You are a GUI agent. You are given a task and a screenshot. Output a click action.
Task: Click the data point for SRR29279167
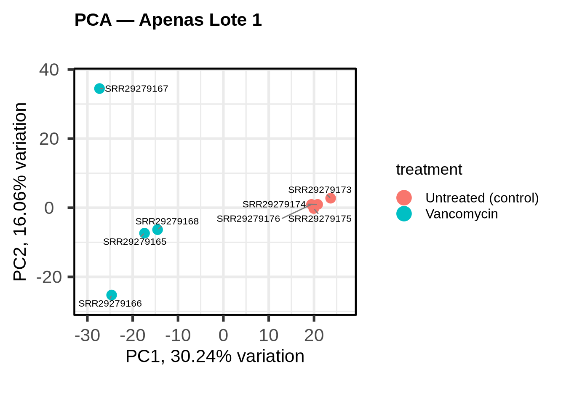click(99, 89)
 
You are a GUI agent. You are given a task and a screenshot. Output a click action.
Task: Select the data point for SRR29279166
click(112, 295)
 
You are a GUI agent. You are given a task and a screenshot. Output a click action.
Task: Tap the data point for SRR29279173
click(331, 198)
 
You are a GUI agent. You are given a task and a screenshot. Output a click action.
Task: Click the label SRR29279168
click(167, 221)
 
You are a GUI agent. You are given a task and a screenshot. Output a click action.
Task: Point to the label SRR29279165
click(135, 242)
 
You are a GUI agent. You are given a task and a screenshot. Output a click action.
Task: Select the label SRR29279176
click(248, 219)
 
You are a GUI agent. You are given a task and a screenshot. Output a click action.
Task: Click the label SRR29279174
click(274, 204)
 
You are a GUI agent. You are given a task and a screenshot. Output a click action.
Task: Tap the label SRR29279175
click(320, 219)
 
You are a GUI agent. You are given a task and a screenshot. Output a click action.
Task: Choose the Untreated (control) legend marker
click(404, 198)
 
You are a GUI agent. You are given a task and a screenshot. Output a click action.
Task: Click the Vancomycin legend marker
click(404, 214)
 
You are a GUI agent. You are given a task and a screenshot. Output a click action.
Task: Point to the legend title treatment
click(429, 170)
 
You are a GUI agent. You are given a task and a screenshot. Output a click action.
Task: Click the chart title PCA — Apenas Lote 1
click(168, 20)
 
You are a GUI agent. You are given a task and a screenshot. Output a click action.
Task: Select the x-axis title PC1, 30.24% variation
click(215, 356)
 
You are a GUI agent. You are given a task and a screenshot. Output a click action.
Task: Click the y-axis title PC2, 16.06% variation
click(20, 192)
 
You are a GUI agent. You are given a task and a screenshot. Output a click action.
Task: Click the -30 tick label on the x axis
click(87, 336)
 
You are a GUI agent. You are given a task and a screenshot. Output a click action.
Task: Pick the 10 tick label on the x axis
click(269, 336)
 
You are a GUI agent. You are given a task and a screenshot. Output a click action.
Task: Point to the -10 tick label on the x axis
click(178, 336)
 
